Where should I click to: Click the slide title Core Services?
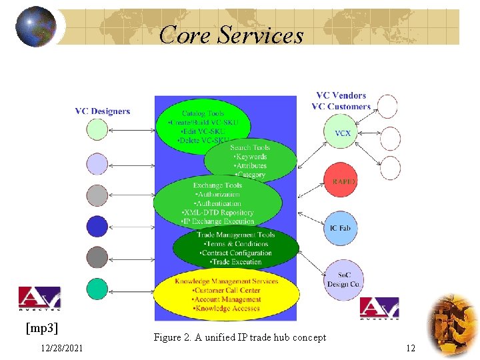pos(231,34)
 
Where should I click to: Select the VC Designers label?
pos(102,111)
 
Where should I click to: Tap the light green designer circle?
pos(97,129)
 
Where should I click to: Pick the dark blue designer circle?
pos(97,227)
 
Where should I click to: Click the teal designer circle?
pos(97,288)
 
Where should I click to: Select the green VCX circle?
pos(343,133)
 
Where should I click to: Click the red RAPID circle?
pos(343,181)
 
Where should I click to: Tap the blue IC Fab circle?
pos(340,228)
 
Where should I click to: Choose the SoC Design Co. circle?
pos(343,279)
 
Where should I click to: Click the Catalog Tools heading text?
pos(203,113)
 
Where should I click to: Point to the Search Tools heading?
pos(250,147)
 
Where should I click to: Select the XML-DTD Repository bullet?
pos(218,213)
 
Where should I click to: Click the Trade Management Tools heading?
pos(235,235)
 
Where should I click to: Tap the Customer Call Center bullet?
pos(225,291)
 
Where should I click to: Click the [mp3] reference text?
pos(42,328)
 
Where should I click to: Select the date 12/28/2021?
pos(61,348)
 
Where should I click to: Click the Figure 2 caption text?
pos(239,337)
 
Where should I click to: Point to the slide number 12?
pos(410,348)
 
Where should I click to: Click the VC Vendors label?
pos(341,96)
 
